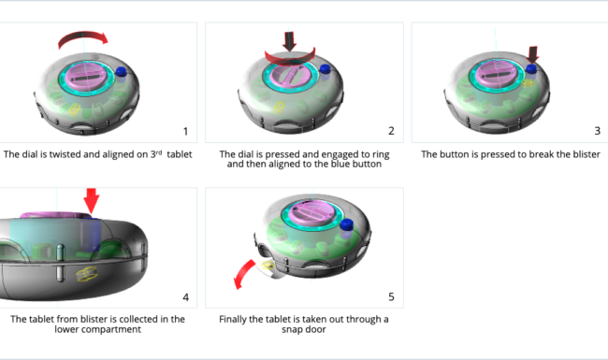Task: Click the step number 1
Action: tap(185, 131)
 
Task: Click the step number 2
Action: tap(391, 131)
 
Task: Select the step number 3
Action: tap(597, 131)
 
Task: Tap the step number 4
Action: tap(186, 297)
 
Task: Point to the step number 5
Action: tap(391, 296)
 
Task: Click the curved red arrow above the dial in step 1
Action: tap(82, 36)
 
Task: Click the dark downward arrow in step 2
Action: tap(289, 41)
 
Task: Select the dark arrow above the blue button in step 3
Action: tap(533, 55)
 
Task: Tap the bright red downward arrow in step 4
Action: tap(92, 200)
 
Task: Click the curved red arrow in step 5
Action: tap(243, 272)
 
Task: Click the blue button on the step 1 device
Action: tap(121, 72)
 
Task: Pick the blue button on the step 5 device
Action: tap(346, 224)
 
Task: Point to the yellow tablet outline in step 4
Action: tap(87, 274)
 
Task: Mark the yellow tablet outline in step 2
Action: tap(279, 107)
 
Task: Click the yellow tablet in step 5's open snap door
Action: tap(268, 266)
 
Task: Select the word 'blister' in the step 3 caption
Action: tap(587, 154)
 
